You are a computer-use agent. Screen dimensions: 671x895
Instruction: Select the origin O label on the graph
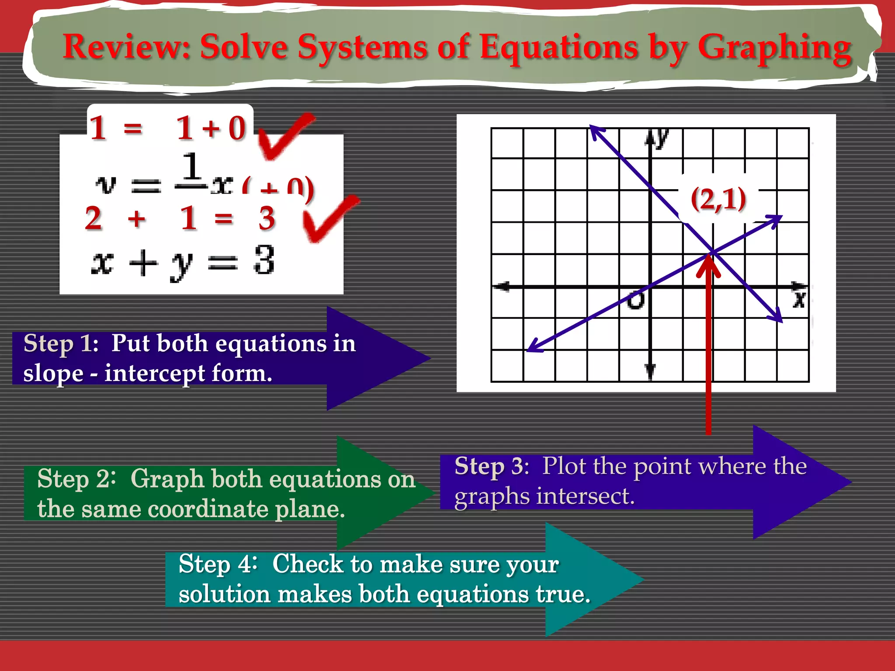click(x=635, y=300)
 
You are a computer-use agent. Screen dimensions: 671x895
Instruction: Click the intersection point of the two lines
click(x=712, y=252)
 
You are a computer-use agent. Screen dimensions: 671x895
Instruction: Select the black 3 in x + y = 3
click(x=264, y=260)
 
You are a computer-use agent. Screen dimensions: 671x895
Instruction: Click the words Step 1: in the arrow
click(x=61, y=343)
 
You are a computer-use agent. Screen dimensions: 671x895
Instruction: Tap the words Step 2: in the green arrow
click(x=76, y=479)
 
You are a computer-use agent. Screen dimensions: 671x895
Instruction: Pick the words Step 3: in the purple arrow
click(x=492, y=466)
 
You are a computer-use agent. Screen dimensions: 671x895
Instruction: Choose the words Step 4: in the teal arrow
click(x=217, y=564)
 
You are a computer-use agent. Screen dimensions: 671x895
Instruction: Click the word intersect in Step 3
click(x=586, y=496)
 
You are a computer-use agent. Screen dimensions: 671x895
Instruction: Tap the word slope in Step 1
click(x=53, y=374)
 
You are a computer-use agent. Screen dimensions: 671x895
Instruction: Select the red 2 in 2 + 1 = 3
click(x=94, y=218)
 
